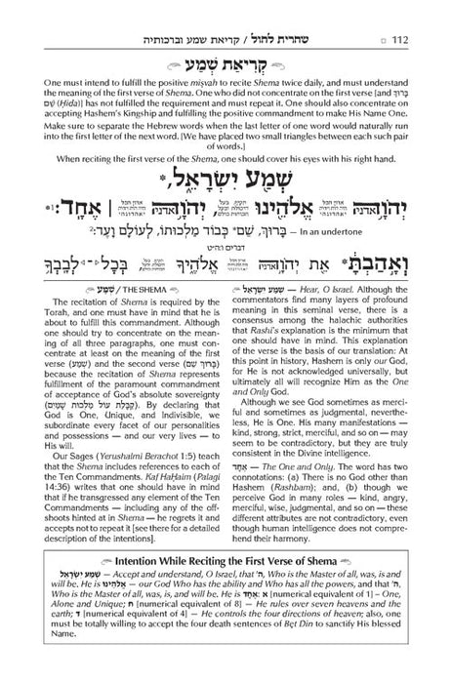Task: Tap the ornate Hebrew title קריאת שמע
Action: click(x=226, y=65)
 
